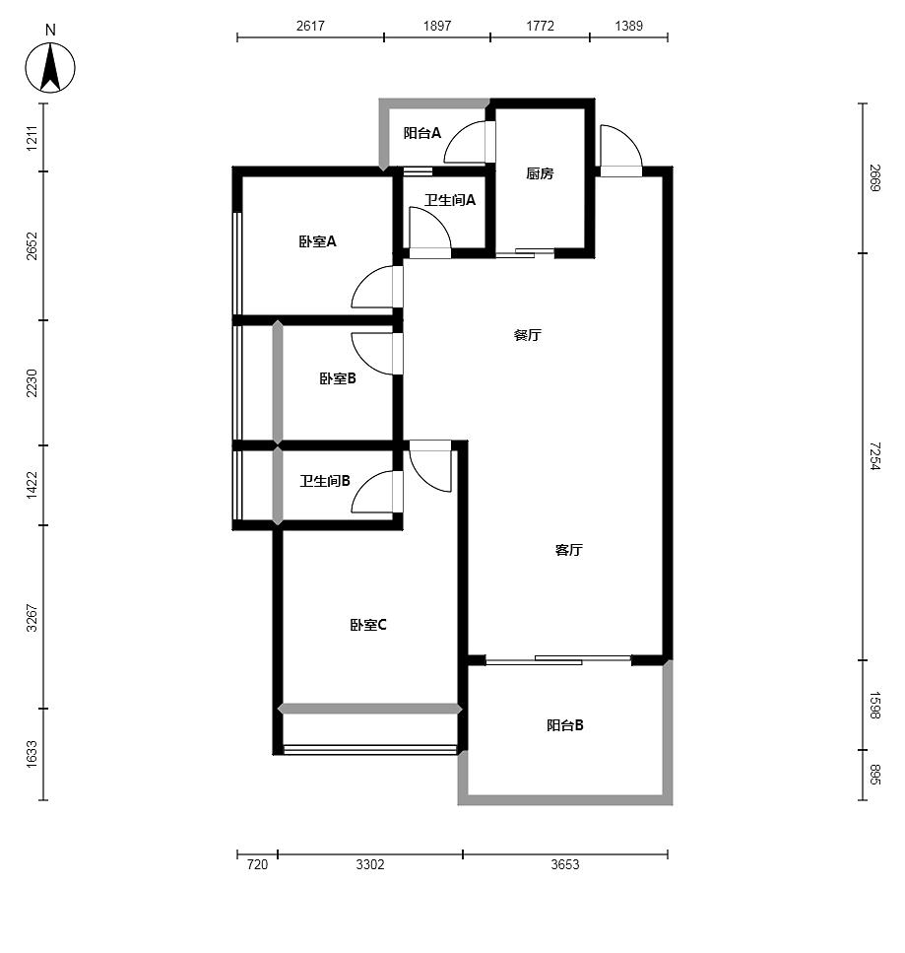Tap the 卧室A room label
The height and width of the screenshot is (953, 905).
pyautogui.click(x=317, y=241)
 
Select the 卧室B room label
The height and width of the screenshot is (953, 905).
pyautogui.click(x=337, y=378)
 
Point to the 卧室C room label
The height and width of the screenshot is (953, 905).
pyautogui.click(x=368, y=625)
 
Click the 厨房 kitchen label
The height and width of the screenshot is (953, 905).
pyautogui.click(x=540, y=173)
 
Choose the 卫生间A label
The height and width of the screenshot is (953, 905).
pyautogui.click(x=449, y=199)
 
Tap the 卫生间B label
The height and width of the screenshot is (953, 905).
pyautogui.click(x=325, y=481)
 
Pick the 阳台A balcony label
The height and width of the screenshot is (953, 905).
pyautogui.click(x=422, y=132)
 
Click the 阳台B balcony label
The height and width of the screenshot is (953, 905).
pyautogui.click(x=565, y=724)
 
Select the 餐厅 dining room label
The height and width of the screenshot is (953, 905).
pyautogui.click(x=527, y=335)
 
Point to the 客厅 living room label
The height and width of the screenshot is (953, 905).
pyautogui.click(x=568, y=550)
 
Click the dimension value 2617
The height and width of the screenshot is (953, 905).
pyautogui.click(x=310, y=26)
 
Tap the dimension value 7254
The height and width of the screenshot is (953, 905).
pyautogui.click(x=874, y=456)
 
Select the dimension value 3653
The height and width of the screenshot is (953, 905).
pyautogui.click(x=565, y=864)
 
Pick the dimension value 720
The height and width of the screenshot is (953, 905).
pyautogui.click(x=257, y=864)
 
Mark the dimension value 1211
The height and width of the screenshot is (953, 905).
pyautogui.click(x=32, y=138)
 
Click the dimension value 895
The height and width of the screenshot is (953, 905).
pyautogui.click(x=874, y=774)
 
